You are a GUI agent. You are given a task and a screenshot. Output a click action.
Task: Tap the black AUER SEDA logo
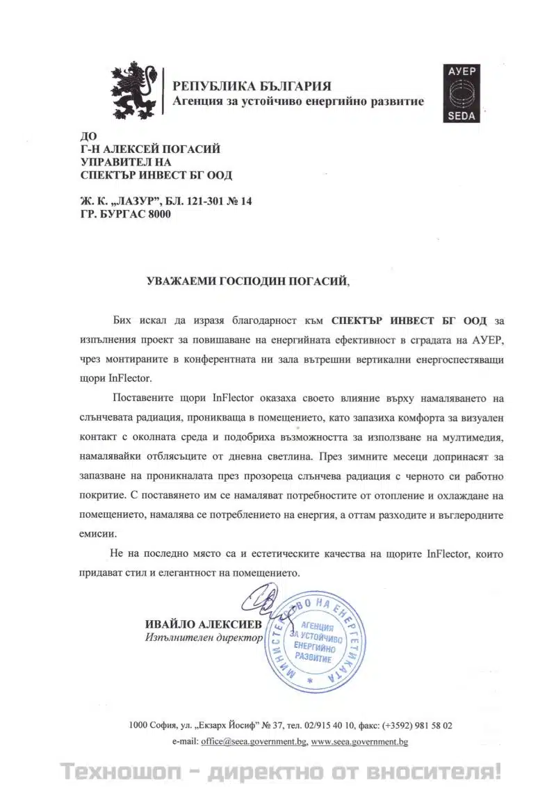[x=461, y=93]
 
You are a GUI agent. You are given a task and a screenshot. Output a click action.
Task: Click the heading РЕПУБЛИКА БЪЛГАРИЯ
[x=252, y=87]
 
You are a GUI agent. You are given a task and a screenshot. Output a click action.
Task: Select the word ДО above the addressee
[x=88, y=136]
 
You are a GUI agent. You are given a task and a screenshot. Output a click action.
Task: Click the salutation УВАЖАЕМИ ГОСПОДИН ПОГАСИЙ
[x=244, y=282]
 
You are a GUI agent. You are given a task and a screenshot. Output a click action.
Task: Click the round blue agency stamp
[x=311, y=642]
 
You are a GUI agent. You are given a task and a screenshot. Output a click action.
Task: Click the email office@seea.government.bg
[x=254, y=742]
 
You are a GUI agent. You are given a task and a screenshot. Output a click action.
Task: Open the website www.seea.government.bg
[x=359, y=742]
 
